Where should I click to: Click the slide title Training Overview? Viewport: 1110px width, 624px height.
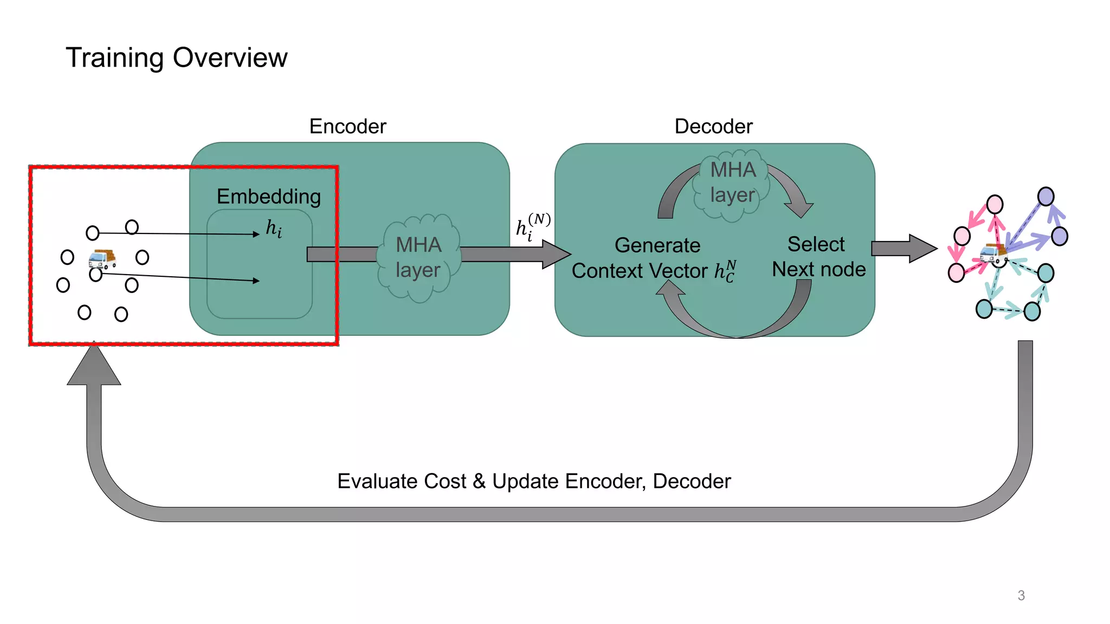click(x=176, y=57)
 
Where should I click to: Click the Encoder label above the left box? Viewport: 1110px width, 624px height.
click(x=347, y=126)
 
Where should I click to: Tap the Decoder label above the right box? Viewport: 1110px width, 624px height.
click(x=713, y=126)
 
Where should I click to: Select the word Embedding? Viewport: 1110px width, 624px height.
click(x=268, y=196)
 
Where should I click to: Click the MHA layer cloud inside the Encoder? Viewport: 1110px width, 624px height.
click(x=418, y=257)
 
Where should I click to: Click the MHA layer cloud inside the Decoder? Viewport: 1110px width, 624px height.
click(x=732, y=183)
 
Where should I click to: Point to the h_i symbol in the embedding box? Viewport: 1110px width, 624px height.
click(x=274, y=229)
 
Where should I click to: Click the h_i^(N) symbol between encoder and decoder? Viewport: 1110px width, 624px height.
click(x=532, y=226)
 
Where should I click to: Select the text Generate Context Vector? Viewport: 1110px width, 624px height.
click(x=655, y=258)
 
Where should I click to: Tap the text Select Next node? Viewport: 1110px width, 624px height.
click(x=818, y=257)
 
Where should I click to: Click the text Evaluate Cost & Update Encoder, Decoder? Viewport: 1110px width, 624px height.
click(x=534, y=481)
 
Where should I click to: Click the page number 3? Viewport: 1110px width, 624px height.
click(x=1021, y=595)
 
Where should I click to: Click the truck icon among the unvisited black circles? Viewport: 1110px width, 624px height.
click(x=102, y=259)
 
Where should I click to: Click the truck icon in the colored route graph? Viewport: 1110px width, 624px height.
click(x=993, y=253)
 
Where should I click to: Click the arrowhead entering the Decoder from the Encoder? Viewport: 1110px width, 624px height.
click(x=556, y=253)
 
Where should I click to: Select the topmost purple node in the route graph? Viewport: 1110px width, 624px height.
click(x=1046, y=196)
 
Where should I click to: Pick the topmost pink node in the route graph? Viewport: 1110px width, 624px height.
click(x=995, y=204)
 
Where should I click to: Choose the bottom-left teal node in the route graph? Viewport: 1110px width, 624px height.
click(x=984, y=309)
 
